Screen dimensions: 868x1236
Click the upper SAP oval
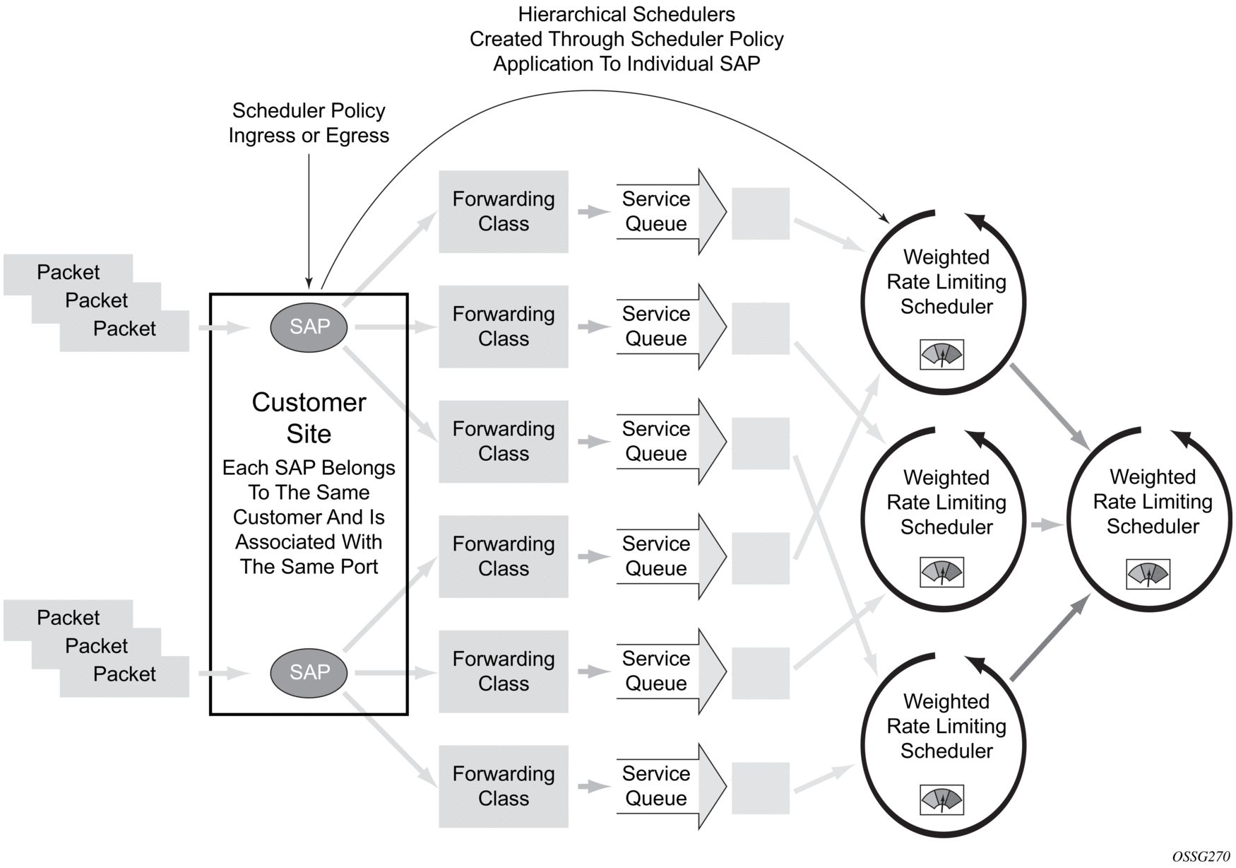(x=309, y=327)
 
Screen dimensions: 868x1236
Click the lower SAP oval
(x=309, y=672)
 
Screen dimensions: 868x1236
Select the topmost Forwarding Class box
(x=503, y=211)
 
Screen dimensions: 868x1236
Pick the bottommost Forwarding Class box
(x=503, y=786)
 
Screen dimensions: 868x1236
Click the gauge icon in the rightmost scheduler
(x=1148, y=574)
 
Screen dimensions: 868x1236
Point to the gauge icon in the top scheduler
(x=941, y=354)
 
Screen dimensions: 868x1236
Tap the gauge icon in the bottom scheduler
(x=941, y=799)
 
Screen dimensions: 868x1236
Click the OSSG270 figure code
(x=1201, y=857)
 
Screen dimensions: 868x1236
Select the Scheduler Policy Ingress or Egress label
(x=309, y=123)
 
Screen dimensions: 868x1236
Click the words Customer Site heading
(x=309, y=418)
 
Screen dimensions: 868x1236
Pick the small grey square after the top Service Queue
(x=760, y=213)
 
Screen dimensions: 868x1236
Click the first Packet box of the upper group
(x=68, y=272)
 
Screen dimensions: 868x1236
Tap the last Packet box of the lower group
(x=124, y=674)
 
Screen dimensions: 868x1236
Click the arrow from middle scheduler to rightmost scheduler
(x=1047, y=525)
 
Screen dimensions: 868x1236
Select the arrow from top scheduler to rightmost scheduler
(x=1050, y=406)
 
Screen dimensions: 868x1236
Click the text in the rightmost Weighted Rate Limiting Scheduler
(x=1153, y=502)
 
